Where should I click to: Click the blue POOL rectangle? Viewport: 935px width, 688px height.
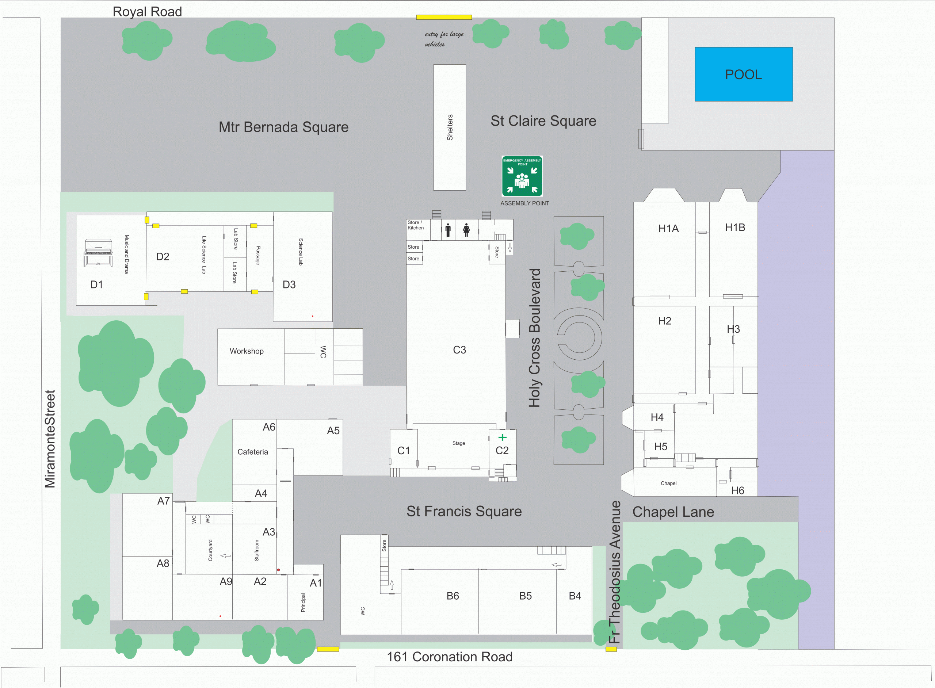point(743,74)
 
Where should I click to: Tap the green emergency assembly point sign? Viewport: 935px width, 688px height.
point(522,176)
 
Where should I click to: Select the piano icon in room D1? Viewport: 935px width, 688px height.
point(98,252)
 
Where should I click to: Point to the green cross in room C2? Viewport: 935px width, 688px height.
point(502,437)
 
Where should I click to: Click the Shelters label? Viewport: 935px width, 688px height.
point(450,127)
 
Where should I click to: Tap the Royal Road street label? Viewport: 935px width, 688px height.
point(147,12)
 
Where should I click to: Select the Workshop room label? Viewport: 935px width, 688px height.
point(247,351)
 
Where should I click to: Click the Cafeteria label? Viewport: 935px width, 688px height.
point(252,452)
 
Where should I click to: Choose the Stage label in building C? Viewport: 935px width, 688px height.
point(458,443)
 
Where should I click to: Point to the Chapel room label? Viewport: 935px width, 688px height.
point(668,483)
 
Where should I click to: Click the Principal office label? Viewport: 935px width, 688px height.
point(303,603)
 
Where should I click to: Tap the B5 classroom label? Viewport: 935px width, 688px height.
point(525,596)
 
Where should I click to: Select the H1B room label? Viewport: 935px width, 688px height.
point(735,228)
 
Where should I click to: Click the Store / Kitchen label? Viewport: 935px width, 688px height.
point(415,225)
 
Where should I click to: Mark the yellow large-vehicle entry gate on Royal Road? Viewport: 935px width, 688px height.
point(444,18)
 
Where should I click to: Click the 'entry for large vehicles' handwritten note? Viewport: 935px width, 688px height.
point(443,39)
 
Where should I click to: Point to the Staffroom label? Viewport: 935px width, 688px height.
point(256,550)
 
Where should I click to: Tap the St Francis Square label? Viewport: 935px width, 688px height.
point(464,511)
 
